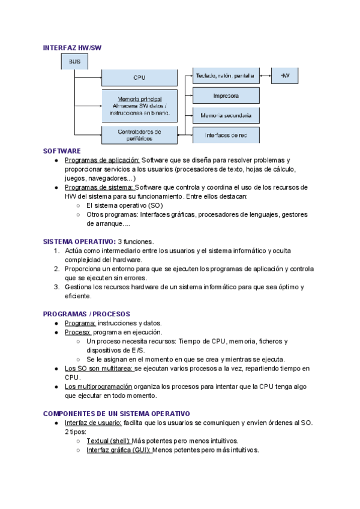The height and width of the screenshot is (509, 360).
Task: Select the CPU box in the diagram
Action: coord(139,77)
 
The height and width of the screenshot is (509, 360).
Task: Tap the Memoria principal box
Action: coord(139,105)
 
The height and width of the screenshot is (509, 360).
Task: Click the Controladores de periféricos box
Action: coord(139,135)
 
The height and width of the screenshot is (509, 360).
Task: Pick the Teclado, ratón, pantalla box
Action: coord(226,76)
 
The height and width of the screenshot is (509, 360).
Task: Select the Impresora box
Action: coord(226,95)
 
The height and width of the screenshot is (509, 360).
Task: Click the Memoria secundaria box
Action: coord(226,115)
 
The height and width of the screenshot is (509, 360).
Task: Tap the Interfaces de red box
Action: coord(226,134)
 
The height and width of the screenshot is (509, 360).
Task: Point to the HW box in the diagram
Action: coord(285,76)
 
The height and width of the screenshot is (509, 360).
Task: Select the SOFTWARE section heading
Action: coord(62,151)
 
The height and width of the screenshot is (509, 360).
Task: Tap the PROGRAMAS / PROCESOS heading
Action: coord(86,314)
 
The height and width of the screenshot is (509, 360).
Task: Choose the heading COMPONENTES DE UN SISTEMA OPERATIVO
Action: coord(116,414)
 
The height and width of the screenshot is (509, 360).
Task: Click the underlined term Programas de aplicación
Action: coord(102,160)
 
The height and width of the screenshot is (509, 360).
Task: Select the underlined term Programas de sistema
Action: coord(100,187)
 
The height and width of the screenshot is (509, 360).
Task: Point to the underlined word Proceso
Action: coord(78,332)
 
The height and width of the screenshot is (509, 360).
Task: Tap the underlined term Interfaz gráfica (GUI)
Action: coord(119,450)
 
